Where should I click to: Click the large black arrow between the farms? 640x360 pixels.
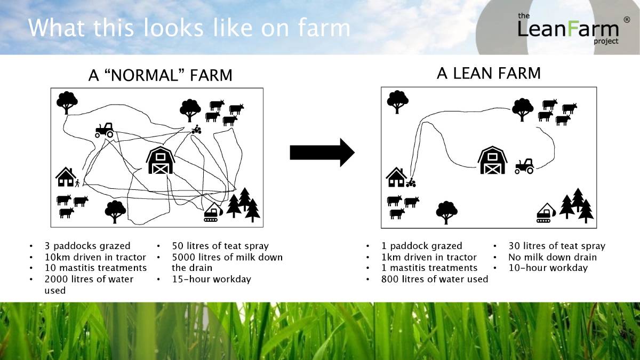point(322,153)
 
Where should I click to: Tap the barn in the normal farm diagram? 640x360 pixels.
point(161,161)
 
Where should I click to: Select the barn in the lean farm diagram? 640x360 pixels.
point(492,160)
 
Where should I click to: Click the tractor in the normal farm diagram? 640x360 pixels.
point(105,130)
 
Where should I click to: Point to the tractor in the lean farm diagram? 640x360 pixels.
point(524,166)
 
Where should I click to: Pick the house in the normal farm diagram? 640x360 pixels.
point(66,177)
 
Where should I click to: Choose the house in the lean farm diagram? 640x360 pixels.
point(396,177)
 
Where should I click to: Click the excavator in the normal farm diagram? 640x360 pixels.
point(213,212)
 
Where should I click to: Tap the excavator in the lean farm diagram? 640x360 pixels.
point(546,213)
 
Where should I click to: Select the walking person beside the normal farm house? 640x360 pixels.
point(77,183)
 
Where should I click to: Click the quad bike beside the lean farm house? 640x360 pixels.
point(411,182)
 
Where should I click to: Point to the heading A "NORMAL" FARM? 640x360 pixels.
point(161,75)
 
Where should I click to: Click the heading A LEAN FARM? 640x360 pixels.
point(489,73)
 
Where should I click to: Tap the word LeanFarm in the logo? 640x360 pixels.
point(568,29)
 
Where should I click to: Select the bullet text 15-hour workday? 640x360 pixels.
point(211,279)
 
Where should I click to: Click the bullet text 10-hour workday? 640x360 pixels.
point(548,268)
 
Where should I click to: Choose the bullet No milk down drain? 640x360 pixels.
point(553,257)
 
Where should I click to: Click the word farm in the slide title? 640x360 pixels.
point(324,28)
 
